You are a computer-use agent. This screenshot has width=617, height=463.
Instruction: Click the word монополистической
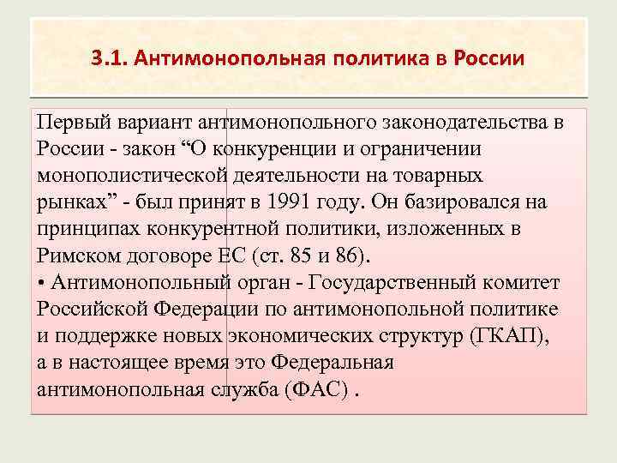pyautogui.click(x=133, y=176)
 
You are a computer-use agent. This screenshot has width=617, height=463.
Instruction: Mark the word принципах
pyautogui.click(x=87, y=230)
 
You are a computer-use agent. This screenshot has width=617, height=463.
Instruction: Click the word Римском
pyautogui.click(x=80, y=256)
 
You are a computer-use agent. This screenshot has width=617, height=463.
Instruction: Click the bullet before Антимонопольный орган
pyautogui.click(x=41, y=283)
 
